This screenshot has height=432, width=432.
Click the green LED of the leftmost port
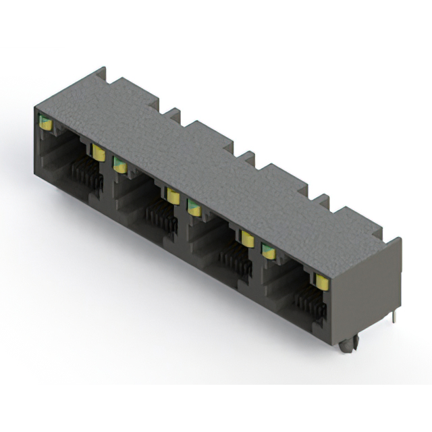45,122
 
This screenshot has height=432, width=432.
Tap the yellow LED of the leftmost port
99,152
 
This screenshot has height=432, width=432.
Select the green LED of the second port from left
119,164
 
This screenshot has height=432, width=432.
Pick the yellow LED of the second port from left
173,196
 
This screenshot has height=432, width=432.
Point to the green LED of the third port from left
194,207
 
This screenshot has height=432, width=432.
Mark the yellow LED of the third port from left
247,238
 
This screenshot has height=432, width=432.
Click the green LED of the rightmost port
269,251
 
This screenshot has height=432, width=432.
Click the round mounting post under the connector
347,346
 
